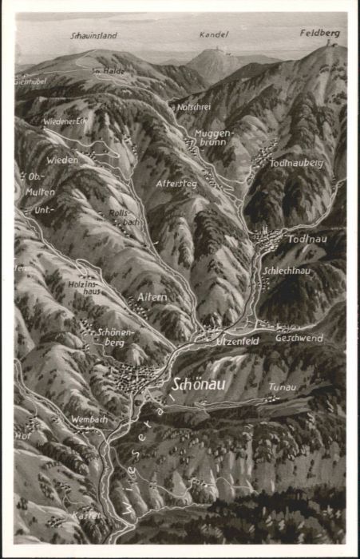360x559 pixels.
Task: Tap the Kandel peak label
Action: click(216, 35)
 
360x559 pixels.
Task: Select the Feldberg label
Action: click(319, 34)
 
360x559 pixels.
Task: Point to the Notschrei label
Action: click(193, 107)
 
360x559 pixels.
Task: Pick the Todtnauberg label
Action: click(296, 162)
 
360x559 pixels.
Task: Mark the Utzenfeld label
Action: click(237, 341)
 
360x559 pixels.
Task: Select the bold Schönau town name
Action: click(200, 384)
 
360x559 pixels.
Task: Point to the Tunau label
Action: click(283, 387)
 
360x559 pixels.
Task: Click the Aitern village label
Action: click(152, 297)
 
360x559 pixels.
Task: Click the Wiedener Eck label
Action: click(64, 121)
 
